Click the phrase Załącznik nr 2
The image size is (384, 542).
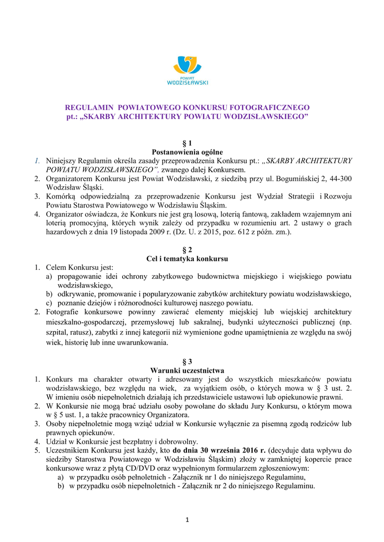(198, 486)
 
